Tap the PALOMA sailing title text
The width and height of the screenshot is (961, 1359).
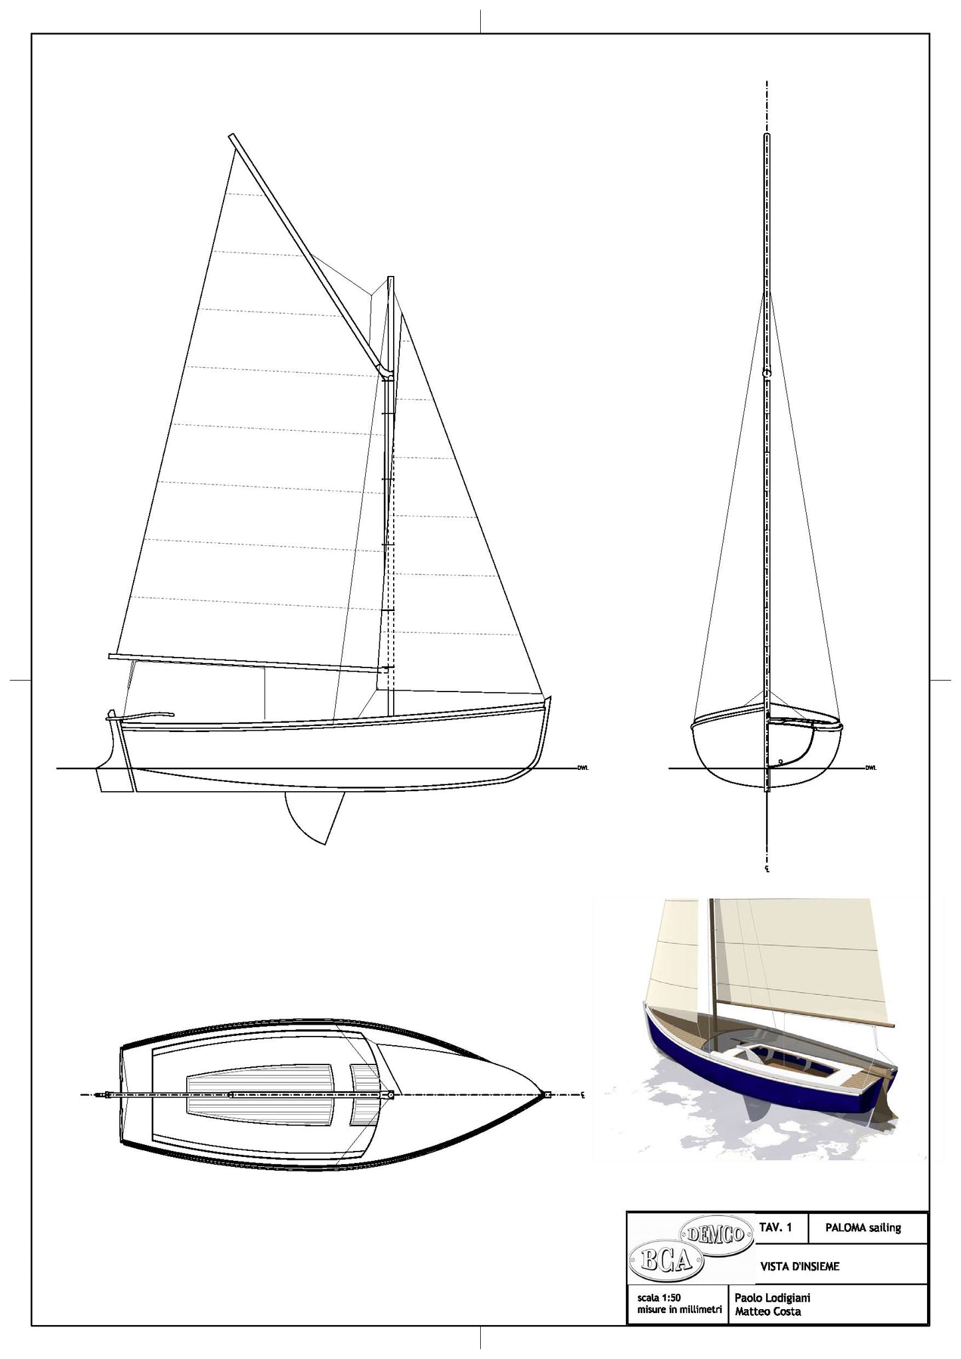[x=863, y=1227]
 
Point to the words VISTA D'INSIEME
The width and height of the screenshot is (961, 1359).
[x=799, y=1267]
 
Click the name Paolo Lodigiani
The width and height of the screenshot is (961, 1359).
[x=772, y=1297]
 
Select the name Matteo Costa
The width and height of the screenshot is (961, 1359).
[x=767, y=1311]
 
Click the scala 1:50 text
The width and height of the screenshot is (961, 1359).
[x=658, y=1297]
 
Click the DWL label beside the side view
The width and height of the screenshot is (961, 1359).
[x=583, y=768]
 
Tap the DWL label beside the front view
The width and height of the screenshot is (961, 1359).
[x=871, y=768]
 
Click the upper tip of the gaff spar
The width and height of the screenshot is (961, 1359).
[x=232, y=138]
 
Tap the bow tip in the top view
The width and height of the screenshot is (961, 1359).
[x=547, y=1094]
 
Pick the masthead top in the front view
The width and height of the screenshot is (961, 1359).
[x=767, y=136]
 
